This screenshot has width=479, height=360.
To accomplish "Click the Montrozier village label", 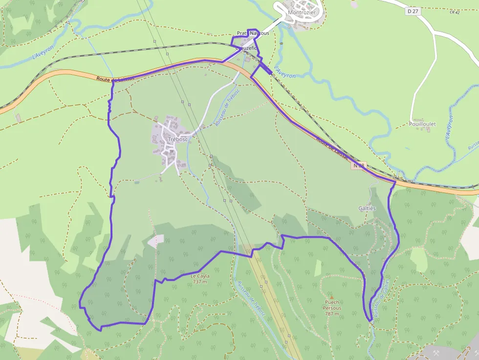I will [302, 12].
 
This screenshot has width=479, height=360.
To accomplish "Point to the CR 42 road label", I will [455, 12].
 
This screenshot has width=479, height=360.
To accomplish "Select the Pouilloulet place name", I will [422, 124].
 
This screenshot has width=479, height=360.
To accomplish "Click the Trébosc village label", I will [177, 139].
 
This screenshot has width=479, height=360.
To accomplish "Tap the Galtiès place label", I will [367, 208].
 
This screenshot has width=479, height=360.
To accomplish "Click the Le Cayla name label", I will [200, 276].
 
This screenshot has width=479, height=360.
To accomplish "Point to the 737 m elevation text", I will [200, 282].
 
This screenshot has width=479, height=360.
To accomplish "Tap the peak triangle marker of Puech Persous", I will [331, 297].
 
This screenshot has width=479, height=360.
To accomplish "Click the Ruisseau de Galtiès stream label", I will [381, 298].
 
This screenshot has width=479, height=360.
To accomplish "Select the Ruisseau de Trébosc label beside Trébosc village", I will [227, 108].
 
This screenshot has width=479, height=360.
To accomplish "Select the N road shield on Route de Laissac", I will [359, 166].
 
